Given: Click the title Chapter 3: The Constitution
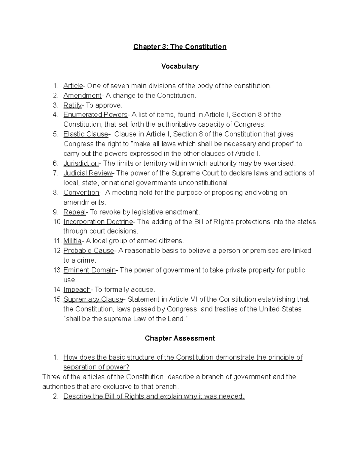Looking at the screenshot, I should (180, 47).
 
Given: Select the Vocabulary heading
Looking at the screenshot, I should (180, 66).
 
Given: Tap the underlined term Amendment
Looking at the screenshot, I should (82, 95).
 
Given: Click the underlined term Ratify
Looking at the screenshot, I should (72, 105).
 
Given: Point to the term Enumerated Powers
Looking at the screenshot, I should (95, 115).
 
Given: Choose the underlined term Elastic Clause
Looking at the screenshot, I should (85, 134).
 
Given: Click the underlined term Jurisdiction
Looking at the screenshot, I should (81, 163).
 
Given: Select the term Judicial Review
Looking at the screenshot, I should (88, 173).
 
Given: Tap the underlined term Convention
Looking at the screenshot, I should (81, 192).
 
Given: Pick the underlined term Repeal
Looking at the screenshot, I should (74, 212).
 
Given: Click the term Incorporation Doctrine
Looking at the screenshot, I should (98, 222).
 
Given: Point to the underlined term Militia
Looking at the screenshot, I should (72, 241).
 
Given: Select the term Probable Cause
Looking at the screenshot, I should (88, 251).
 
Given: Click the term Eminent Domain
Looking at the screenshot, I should (89, 270).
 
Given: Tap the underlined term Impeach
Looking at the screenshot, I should (77, 290).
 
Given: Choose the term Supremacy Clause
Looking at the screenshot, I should (93, 299).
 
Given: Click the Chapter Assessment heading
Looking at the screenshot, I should (180, 338).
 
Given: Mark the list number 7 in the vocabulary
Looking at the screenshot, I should (55, 173).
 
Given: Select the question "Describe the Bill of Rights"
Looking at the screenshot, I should (154, 396).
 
